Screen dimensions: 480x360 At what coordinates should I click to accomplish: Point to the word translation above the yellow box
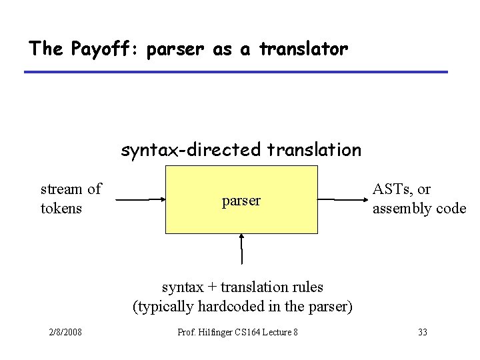click(x=314, y=150)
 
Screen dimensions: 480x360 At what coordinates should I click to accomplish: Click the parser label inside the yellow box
click(x=241, y=200)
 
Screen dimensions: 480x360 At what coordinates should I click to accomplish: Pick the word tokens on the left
click(x=61, y=209)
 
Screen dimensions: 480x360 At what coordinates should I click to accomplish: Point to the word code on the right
click(x=451, y=209)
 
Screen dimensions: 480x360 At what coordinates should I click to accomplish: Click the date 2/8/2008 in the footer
click(x=65, y=332)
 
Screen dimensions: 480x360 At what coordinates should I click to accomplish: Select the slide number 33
click(x=421, y=332)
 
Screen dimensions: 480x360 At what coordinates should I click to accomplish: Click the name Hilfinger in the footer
click(x=219, y=332)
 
